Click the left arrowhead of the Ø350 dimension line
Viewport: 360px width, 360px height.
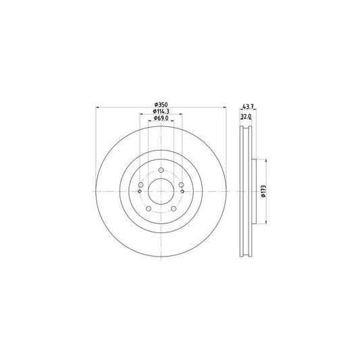[99, 107]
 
